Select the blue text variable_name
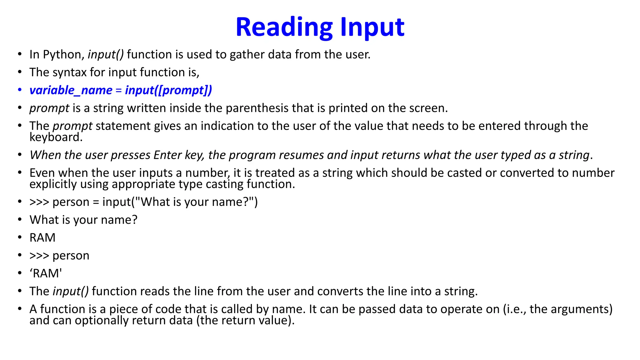tap(71, 90)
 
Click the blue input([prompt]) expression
tap(168, 90)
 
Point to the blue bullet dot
tap(20, 90)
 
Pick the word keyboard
tap(56, 137)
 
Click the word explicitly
tap(53, 184)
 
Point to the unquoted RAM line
tap(42, 238)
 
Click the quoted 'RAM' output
tap(46, 273)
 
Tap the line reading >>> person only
tap(59, 256)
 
